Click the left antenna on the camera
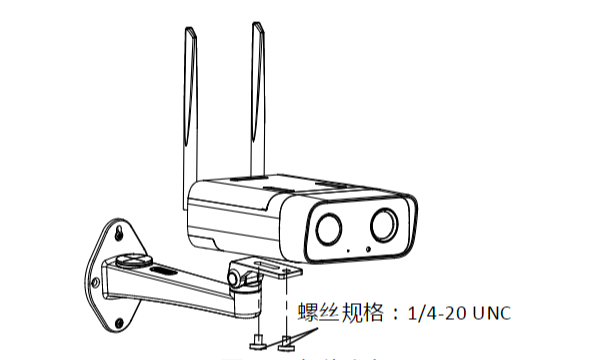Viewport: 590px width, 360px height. [x=191, y=100]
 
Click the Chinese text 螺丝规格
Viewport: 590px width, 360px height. [x=337, y=313]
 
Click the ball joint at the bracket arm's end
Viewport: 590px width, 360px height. [x=238, y=278]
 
